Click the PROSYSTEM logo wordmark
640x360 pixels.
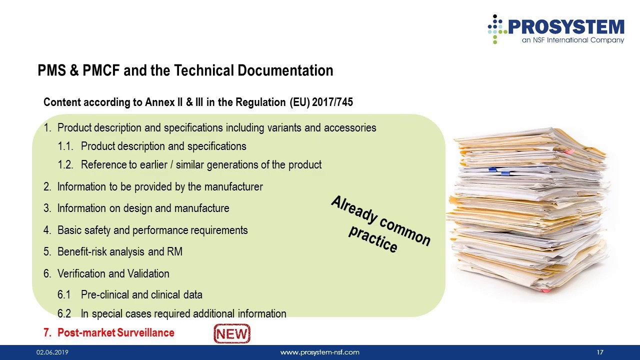click(566, 26)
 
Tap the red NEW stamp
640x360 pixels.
click(232, 334)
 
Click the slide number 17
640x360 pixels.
click(600, 352)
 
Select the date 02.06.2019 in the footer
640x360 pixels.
click(52, 352)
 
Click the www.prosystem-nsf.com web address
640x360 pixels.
click(319, 352)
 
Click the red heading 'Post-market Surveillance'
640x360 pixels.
click(115, 333)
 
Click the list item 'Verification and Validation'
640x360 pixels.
click(113, 273)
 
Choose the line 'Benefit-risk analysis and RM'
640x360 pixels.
click(119, 251)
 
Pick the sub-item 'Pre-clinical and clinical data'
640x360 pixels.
click(141, 294)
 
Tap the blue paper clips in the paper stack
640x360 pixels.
click(499, 171)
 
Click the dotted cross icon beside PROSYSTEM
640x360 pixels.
click(495, 29)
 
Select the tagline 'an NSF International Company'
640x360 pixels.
click(573, 40)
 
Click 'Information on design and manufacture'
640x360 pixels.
click(143, 208)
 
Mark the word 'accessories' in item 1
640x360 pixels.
click(350, 128)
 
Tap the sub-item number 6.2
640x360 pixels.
click(64, 314)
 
